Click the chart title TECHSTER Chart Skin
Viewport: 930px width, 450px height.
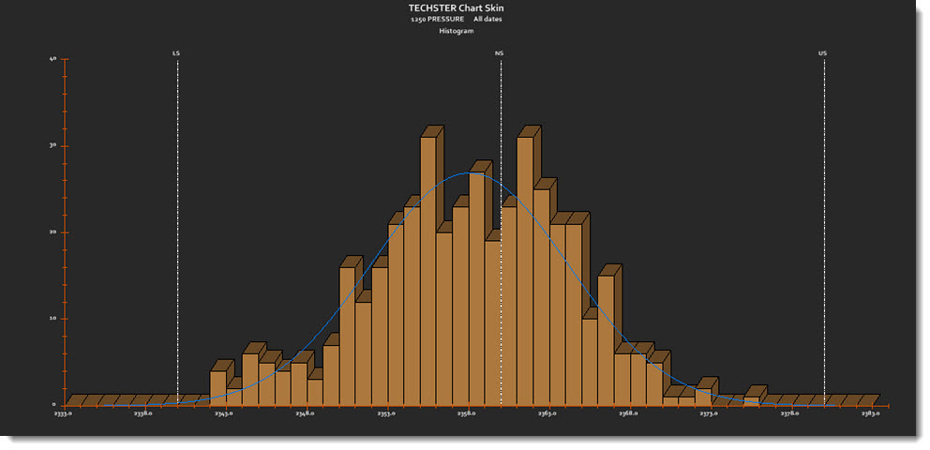click(456, 8)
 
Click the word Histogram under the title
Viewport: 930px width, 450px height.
click(457, 31)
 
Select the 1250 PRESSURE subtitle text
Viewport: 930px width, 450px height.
click(437, 20)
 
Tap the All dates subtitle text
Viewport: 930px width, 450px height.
click(487, 20)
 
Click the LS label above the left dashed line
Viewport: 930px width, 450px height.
click(176, 53)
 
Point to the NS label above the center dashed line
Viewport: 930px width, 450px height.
click(499, 53)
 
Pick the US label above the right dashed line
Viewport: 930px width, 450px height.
click(822, 53)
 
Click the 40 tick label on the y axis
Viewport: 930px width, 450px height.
click(52, 59)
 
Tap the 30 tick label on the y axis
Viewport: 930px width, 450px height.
click(52, 145)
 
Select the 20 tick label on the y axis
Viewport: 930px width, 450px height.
click(52, 232)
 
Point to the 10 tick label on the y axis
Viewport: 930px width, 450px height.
click(52, 318)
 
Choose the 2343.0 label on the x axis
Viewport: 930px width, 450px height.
click(224, 413)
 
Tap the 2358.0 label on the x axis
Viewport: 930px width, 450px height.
click(467, 413)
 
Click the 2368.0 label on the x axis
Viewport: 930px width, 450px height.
click(628, 413)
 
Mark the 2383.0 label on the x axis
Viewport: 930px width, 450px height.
click(871, 413)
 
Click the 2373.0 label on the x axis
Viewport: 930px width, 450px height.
click(709, 413)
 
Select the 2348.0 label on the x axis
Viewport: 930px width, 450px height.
click(305, 413)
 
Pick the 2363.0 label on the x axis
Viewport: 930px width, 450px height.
click(547, 413)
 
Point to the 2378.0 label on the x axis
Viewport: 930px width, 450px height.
click(790, 413)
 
